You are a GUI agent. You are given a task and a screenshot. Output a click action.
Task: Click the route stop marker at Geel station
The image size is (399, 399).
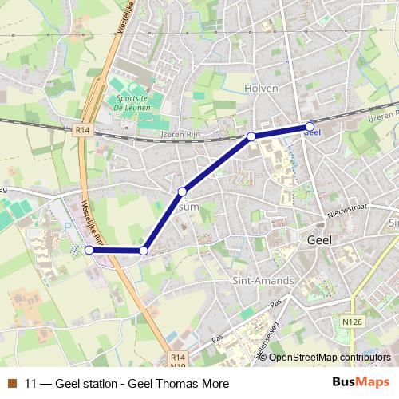click(310, 126)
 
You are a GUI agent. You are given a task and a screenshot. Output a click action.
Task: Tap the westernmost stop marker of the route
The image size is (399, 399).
click(89, 250)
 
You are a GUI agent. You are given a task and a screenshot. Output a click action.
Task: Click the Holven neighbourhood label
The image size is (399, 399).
click(263, 88)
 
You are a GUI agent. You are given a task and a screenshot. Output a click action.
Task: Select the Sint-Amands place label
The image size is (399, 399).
click(263, 281)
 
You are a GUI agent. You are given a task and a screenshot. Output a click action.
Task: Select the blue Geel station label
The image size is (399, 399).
click(312, 134)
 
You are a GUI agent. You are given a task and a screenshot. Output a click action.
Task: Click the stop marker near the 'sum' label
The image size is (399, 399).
click(183, 192)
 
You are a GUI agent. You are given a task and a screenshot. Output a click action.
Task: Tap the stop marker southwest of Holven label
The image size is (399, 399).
click(251, 137)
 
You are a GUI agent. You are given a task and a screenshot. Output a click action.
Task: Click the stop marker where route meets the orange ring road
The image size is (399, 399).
click(144, 251)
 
